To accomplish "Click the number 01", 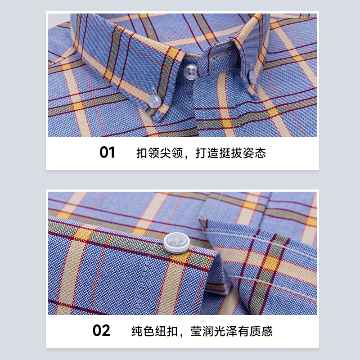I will click(x=107, y=153).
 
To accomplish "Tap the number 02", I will click(x=101, y=331).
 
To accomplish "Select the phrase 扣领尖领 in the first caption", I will click(x=160, y=153).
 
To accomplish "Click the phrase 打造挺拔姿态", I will click(x=231, y=153).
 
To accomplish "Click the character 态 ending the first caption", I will click(x=261, y=153).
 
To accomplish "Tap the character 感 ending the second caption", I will click(x=267, y=332).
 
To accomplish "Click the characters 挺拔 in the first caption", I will click(x=231, y=153).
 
